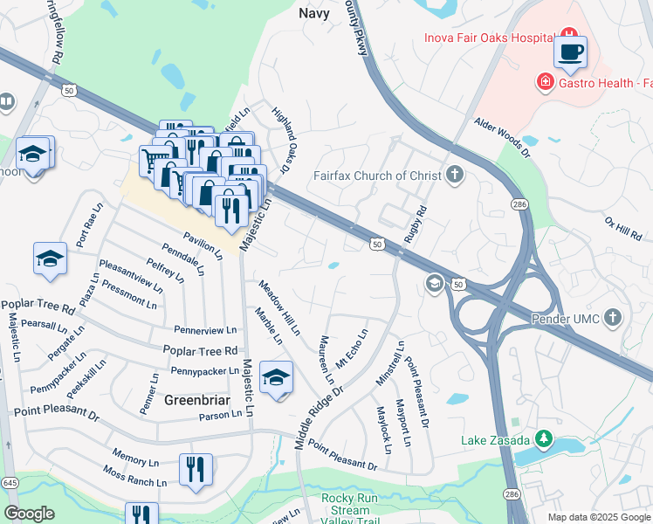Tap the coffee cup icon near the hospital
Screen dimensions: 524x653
pos(570,52)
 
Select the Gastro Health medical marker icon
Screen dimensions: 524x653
pos(545,82)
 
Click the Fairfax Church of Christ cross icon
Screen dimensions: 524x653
pos(454,175)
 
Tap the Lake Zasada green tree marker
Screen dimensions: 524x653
pos(544,438)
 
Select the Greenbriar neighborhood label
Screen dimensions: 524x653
pos(196,400)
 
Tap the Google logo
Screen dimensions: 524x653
pos(29,514)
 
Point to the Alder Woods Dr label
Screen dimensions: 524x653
pos(502,139)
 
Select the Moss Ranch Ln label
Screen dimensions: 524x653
pos(134,477)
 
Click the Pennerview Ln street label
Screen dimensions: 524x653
pos(206,330)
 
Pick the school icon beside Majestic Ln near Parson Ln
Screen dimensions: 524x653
pos(276,377)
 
